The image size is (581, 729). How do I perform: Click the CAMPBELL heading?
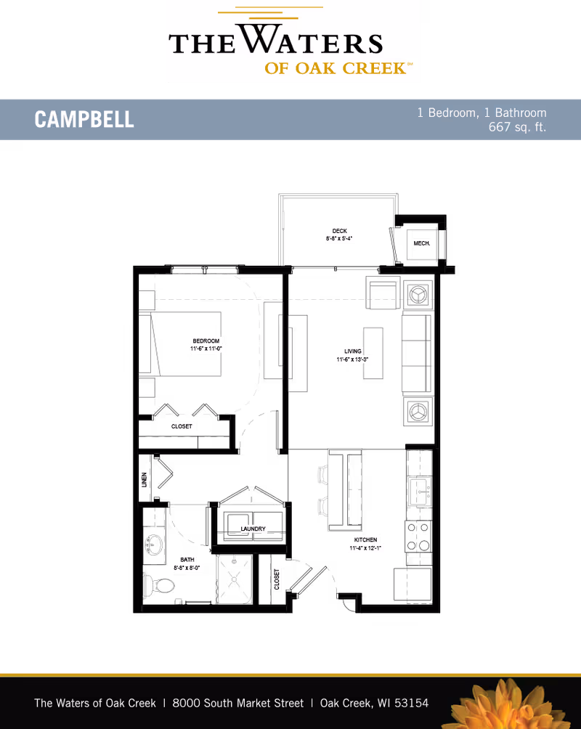coord(84,120)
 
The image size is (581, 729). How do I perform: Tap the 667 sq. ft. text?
coord(517,127)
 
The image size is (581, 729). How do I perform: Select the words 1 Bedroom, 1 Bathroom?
coord(482,113)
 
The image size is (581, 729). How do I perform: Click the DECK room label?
coord(340,230)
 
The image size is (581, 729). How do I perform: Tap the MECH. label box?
coord(421,244)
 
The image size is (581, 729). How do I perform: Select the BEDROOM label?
coord(206,341)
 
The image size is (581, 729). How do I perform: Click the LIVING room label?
coord(353,351)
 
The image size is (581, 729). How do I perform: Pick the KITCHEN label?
coord(365,540)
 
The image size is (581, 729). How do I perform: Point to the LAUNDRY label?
coord(253,529)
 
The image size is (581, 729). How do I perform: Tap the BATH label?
coord(187,560)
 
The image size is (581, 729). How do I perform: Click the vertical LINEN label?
coord(144,479)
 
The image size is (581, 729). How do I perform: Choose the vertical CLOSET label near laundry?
coord(277,579)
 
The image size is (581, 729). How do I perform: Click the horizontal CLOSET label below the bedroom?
coord(182,427)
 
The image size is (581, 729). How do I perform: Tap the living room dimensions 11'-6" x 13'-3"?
coord(353,359)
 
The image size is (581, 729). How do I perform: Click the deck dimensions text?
coord(340,238)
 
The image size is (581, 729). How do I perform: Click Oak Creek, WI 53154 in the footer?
coord(374,703)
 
